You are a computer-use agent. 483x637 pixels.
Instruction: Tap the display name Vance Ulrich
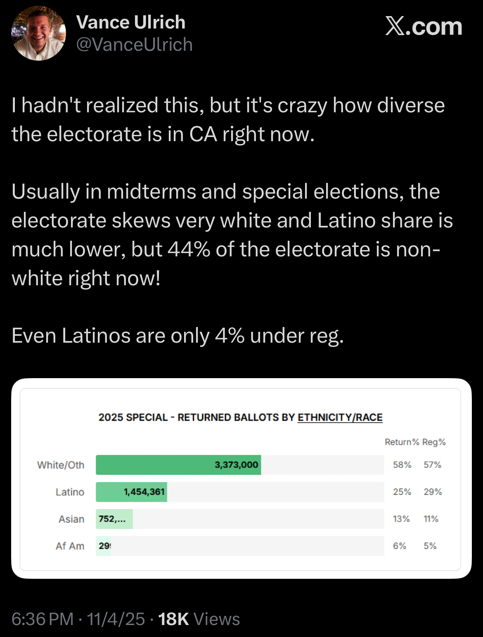click(131, 22)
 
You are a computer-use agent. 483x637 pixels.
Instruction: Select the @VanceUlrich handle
click(135, 45)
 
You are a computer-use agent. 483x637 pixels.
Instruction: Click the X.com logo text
click(424, 27)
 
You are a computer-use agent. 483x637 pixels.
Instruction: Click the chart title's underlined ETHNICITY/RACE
click(340, 417)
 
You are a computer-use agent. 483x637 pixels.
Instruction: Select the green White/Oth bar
click(178, 465)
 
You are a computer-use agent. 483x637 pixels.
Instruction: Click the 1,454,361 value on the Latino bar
click(144, 492)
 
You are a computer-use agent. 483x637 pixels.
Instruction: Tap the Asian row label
click(71, 519)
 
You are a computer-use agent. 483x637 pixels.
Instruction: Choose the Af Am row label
click(70, 546)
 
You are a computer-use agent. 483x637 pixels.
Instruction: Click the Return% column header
click(402, 442)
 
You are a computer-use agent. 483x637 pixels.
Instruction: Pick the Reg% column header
click(433, 442)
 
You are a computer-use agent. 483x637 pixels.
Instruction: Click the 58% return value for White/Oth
click(402, 465)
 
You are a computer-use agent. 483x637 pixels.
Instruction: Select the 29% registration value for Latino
click(433, 492)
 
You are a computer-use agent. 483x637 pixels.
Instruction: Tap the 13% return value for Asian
click(401, 519)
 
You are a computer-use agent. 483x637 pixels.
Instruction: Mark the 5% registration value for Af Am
click(430, 546)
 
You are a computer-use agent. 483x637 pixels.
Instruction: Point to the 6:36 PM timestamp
click(43, 619)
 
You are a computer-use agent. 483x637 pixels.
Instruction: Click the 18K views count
click(173, 619)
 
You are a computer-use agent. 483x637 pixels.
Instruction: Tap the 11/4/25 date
click(116, 619)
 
